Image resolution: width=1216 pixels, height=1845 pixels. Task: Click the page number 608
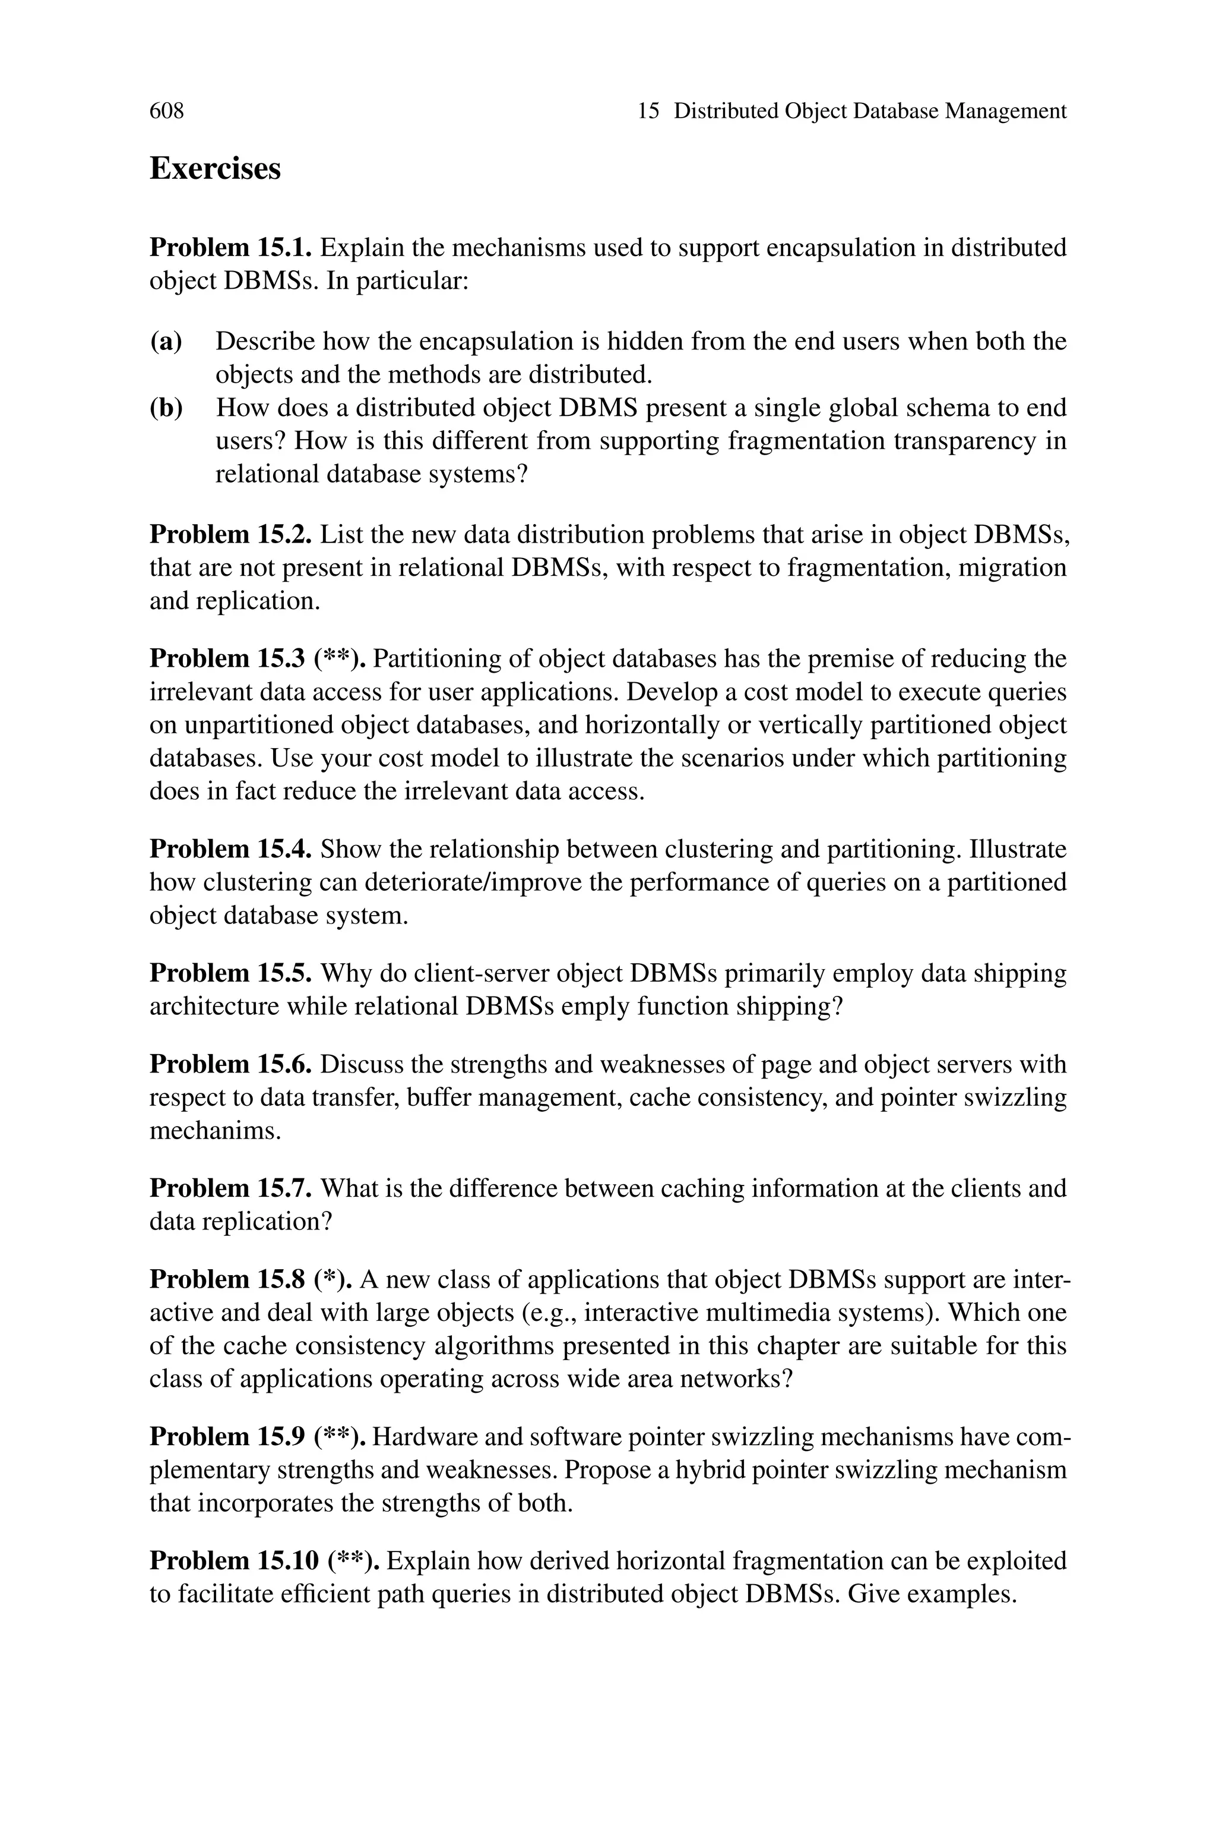point(167,112)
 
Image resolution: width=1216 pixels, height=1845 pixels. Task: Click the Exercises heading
point(215,168)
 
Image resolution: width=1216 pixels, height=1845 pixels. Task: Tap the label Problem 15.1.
point(230,248)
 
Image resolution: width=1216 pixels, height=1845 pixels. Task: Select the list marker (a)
point(165,342)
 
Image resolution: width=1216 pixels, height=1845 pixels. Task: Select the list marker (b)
point(165,408)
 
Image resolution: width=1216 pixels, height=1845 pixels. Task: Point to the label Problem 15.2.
point(230,535)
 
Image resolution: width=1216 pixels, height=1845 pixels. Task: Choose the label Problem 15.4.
point(230,850)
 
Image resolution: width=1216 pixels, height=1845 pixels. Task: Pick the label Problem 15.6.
point(230,1064)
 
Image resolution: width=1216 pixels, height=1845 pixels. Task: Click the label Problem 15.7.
point(230,1188)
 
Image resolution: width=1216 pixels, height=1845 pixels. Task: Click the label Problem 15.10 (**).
point(264,1561)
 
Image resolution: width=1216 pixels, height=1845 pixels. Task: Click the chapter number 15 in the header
point(648,112)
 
